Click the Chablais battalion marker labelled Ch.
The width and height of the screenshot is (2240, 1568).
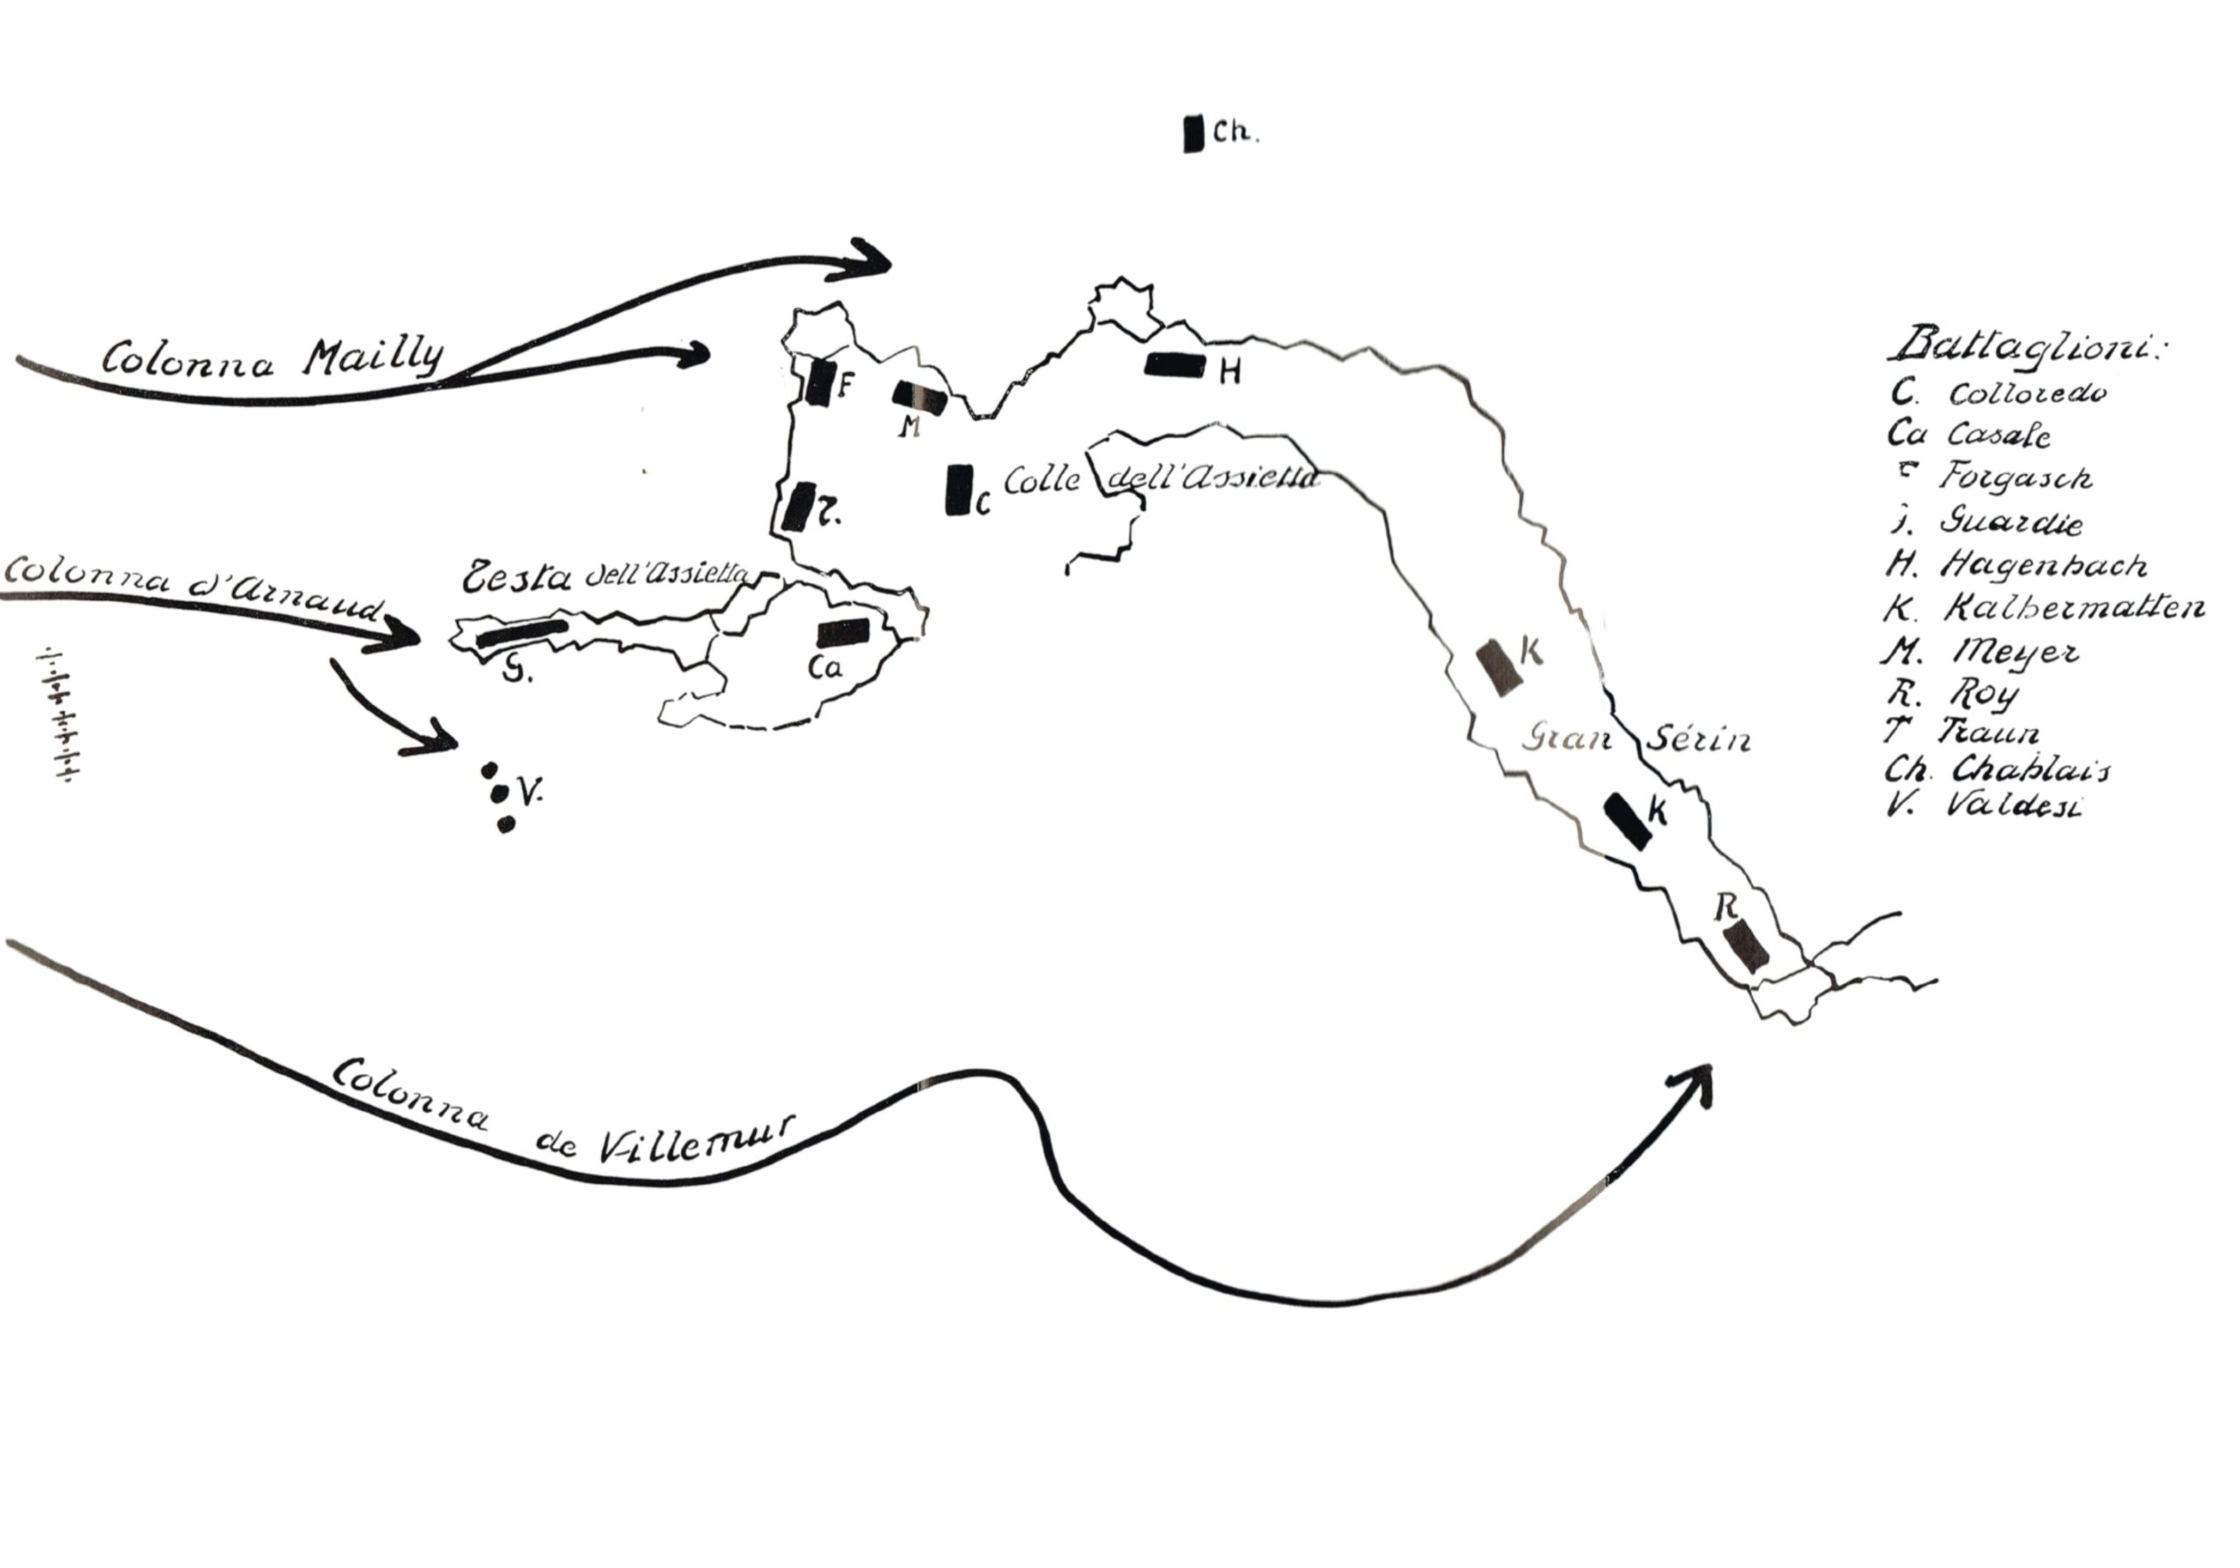(x=1193, y=134)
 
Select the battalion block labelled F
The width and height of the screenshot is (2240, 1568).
(x=821, y=381)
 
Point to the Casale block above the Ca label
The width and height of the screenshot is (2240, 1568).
(x=842, y=633)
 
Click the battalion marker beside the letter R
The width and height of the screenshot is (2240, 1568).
(x=1745, y=944)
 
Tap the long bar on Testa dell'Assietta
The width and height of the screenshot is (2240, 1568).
(x=522, y=633)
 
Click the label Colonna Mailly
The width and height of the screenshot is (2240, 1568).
(x=273, y=358)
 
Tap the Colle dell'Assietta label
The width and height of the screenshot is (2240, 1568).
(x=1161, y=480)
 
